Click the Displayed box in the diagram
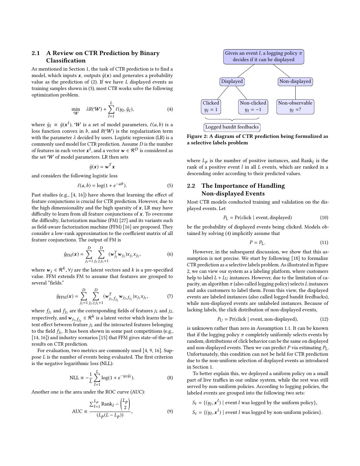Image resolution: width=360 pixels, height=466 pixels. click(x=232, y=82)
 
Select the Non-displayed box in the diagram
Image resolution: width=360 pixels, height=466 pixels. click(x=295, y=82)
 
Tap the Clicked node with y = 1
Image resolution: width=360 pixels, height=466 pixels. click(x=211, y=106)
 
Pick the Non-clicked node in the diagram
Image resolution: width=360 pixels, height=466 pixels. click(x=253, y=106)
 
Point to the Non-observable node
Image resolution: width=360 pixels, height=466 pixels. click(x=295, y=106)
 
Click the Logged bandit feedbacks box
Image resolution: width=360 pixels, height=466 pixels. click(x=232, y=127)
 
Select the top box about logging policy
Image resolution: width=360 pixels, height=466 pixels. click(x=264, y=57)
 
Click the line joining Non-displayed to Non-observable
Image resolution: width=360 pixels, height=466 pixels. click(x=295, y=93)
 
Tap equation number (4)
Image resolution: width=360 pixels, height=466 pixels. click(x=170, y=109)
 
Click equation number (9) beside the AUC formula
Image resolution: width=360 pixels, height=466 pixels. click(x=170, y=412)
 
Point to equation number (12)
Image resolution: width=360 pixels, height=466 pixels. click(x=324, y=319)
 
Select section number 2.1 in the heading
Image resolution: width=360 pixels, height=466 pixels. click(x=36, y=53)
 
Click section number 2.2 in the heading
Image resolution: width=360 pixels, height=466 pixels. click(x=191, y=186)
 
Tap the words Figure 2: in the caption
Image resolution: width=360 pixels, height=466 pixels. click(x=197, y=137)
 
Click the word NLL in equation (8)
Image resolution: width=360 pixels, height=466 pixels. click(x=74, y=378)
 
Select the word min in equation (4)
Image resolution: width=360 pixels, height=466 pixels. click(x=76, y=109)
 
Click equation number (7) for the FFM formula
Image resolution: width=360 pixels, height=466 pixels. click(x=170, y=296)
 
